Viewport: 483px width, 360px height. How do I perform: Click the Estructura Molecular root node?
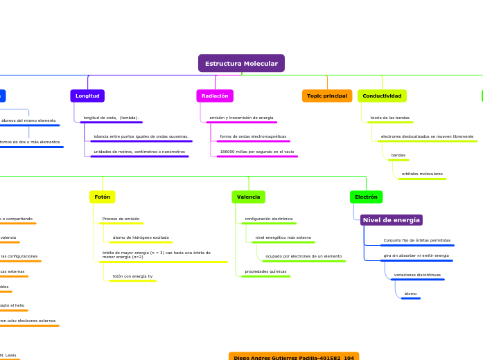coord(241,64)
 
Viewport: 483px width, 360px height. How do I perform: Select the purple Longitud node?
coord(87,96)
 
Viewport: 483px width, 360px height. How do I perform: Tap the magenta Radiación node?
coord(215,96)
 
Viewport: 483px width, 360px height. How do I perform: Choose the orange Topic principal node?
coord(327,96)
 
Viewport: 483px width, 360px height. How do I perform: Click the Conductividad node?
coord(382,96)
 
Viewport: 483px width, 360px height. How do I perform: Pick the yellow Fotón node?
coord(103,197)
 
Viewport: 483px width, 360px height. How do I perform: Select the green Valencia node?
coord(248,197)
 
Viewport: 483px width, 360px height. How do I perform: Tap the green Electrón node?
coord(366,197)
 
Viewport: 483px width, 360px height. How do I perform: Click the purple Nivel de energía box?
coord(391,220)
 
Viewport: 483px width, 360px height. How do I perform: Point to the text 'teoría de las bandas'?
coord(389,118)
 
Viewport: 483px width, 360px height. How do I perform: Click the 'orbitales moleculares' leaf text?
coord(422,173)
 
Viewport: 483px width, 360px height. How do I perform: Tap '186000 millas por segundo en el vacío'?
coord(256,151)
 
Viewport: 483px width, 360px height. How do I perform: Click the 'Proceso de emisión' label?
coord(121,219)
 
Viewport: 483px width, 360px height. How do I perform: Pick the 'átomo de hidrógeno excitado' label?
coord(141,237)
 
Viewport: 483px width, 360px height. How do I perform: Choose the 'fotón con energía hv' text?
coord(132,276)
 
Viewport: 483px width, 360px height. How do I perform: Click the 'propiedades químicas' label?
coord(265,271)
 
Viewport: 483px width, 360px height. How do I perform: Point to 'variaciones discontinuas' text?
coord(417,275)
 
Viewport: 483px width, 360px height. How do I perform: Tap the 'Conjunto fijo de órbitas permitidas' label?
coord(416,240)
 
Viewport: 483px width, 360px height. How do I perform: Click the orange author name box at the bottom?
coord(294,357)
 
